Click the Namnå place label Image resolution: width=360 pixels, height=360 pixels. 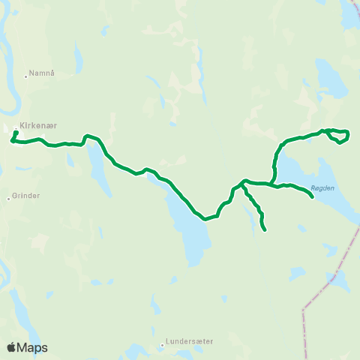[42, 73]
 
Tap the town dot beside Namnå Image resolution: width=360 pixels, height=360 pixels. [25, 73]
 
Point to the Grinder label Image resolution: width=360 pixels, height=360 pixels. [26, 196]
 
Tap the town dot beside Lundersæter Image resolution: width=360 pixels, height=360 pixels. [163, 346]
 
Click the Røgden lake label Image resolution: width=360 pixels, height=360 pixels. [322, 188]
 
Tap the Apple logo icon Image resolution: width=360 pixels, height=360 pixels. [11, 347]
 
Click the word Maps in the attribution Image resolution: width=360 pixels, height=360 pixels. [33, 347]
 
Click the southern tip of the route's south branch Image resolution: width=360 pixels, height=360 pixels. [265, 230]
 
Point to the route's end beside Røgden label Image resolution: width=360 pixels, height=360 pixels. [312, 197]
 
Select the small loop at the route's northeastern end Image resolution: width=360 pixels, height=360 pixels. [339, 136]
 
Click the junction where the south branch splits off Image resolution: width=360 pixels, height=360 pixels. [244, 181]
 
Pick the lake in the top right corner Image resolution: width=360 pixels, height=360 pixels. [349, 12]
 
